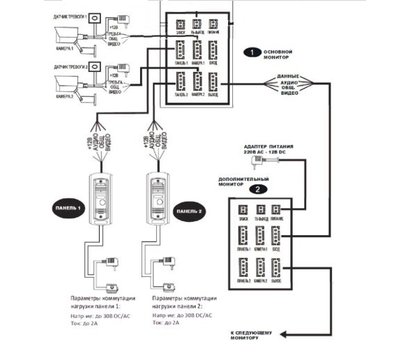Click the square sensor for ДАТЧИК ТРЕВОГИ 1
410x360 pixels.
(x=93, y=18)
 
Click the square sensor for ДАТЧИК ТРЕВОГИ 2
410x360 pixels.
(x=93, y=69)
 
